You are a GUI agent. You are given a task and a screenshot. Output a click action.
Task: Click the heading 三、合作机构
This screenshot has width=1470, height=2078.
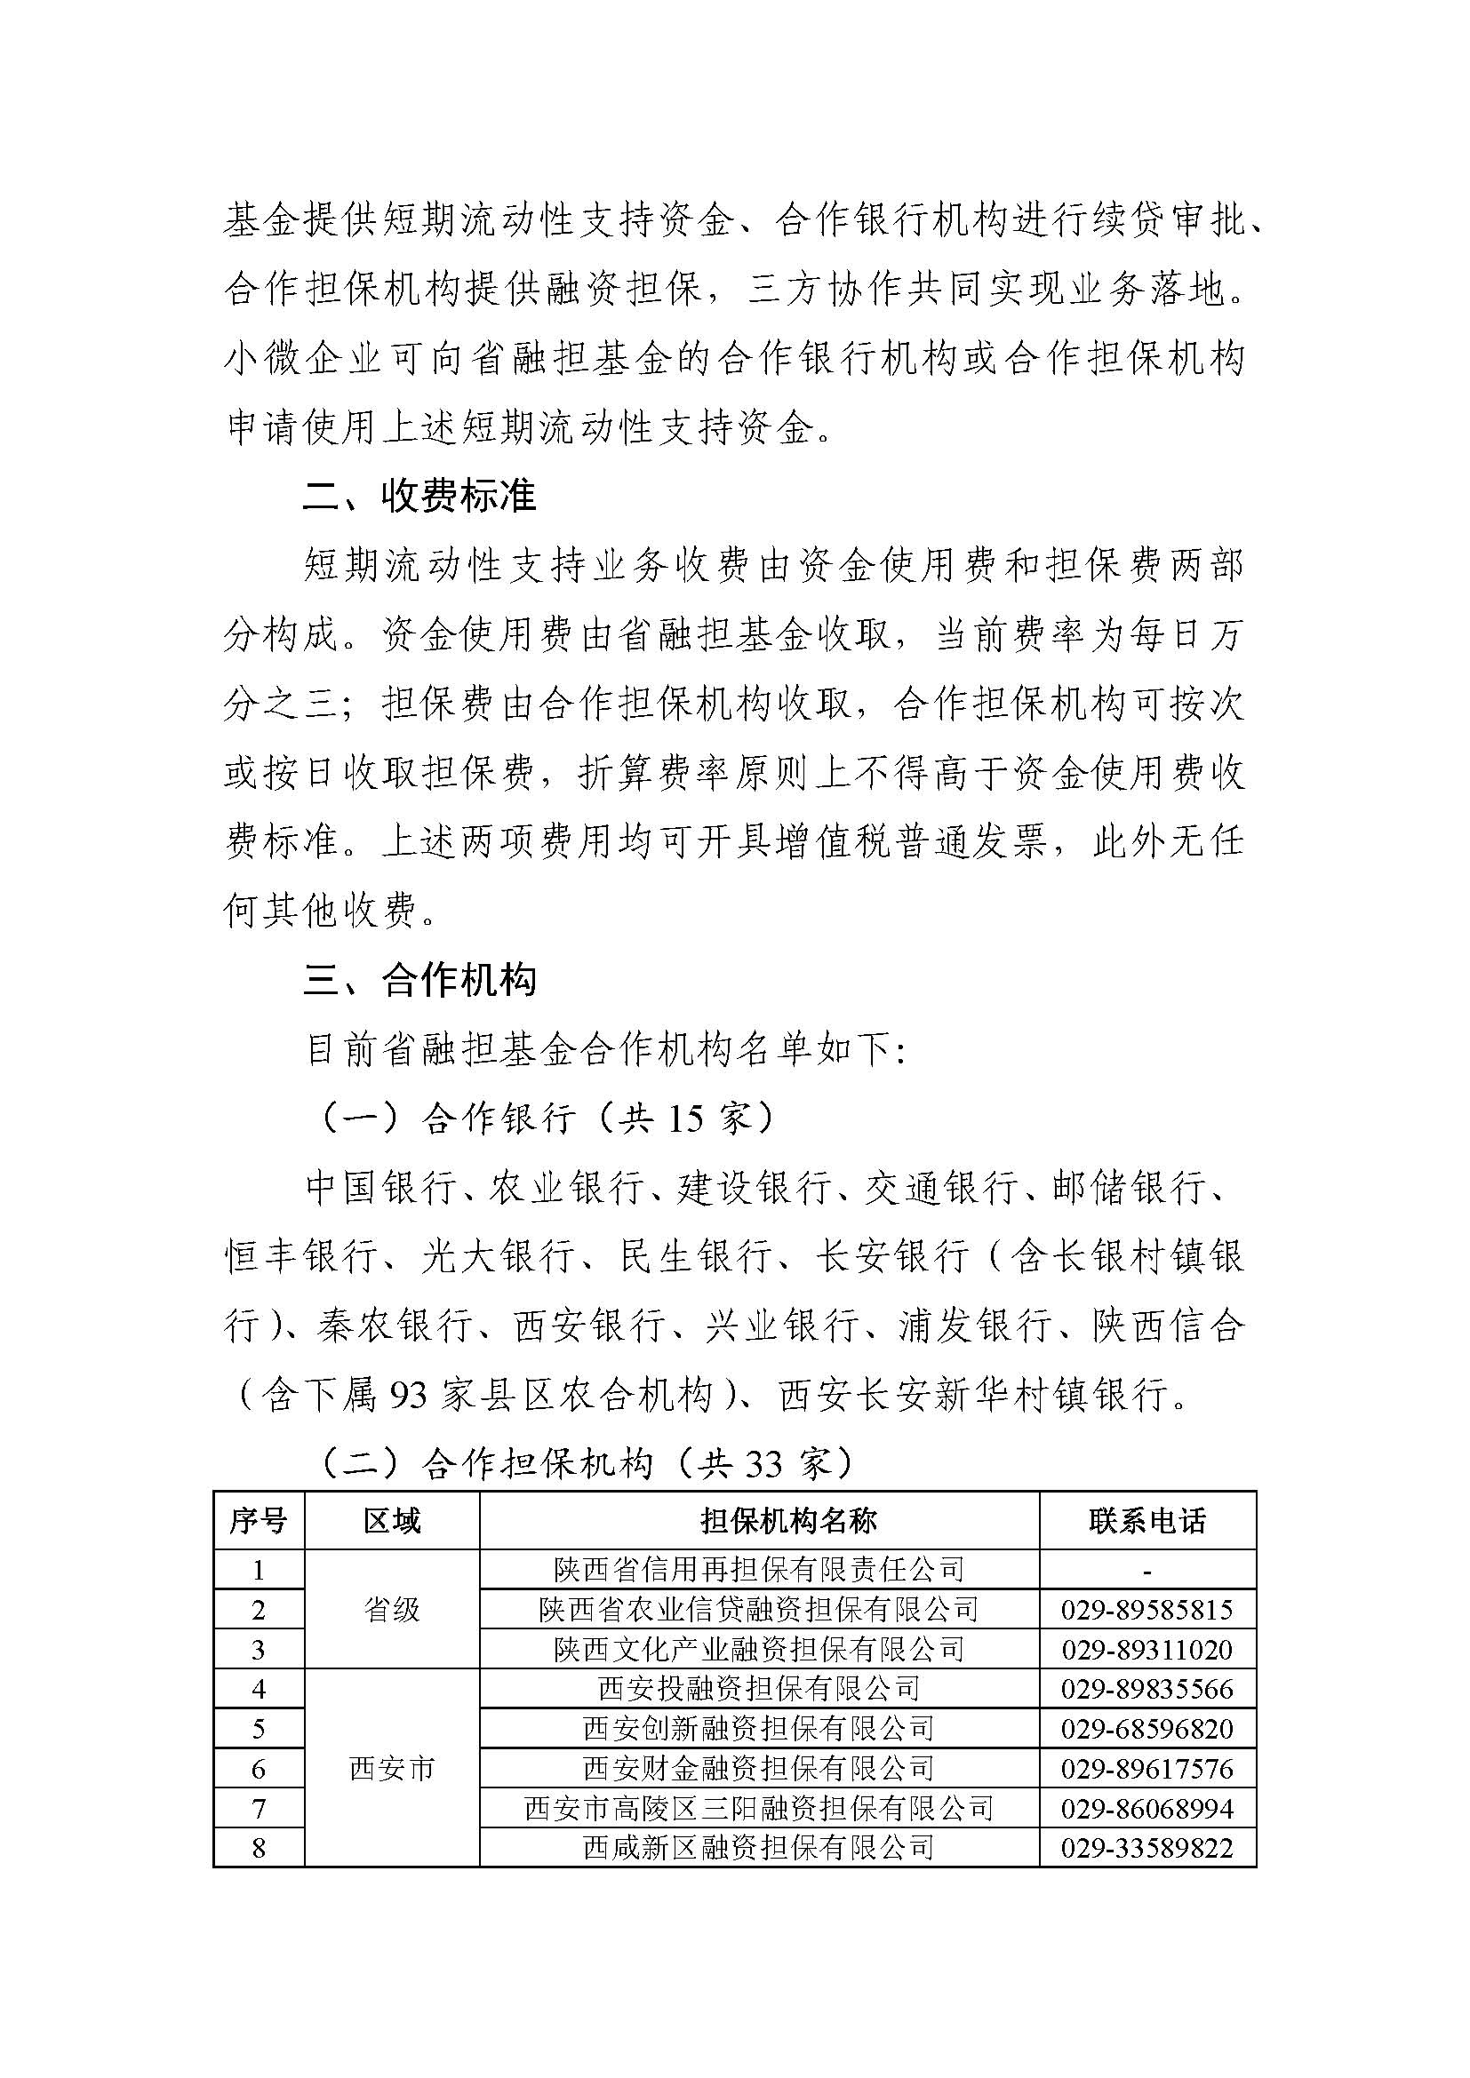tap(420, 981)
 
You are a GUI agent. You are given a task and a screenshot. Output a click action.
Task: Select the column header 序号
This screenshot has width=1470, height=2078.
tap(258, 1521)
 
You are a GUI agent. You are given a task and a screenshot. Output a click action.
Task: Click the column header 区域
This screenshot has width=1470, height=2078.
tap(391, 1521)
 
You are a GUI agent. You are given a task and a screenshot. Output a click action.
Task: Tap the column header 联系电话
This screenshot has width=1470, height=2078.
tap(1146, 1521)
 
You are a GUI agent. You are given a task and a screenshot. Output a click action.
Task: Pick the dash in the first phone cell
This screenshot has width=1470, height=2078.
tap(1146, 1572)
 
